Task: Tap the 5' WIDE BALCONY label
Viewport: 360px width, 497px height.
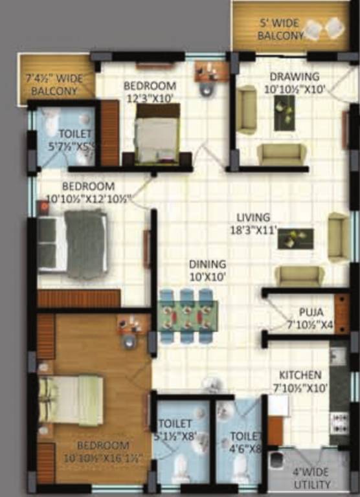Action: tap(279, 28)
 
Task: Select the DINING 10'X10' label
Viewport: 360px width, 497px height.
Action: tap(207, 269)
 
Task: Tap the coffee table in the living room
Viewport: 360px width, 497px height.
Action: tap(295, 238)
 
